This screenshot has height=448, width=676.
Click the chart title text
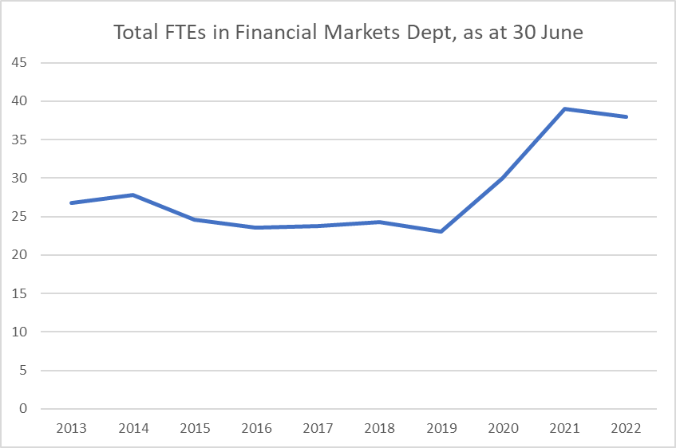tap(338, 33)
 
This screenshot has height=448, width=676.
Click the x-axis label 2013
tap(71, 428)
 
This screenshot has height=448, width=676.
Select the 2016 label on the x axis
tap(256, 428)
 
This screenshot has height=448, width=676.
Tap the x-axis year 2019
tap(441, 428)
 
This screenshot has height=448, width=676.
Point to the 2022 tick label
tap(626, 428)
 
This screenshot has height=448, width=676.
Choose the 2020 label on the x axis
tap(503, 428)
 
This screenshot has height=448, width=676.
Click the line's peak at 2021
tap(564, 109)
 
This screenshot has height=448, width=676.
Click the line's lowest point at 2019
tap(441, 231)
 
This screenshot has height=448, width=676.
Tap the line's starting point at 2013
tap(71, 202)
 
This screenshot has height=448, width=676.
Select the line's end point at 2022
tap(626, 116)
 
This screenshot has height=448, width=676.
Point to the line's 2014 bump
tap(132, 195)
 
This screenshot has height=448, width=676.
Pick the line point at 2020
tap(503, 178)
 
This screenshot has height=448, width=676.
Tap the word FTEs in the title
tap(180, 33)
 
